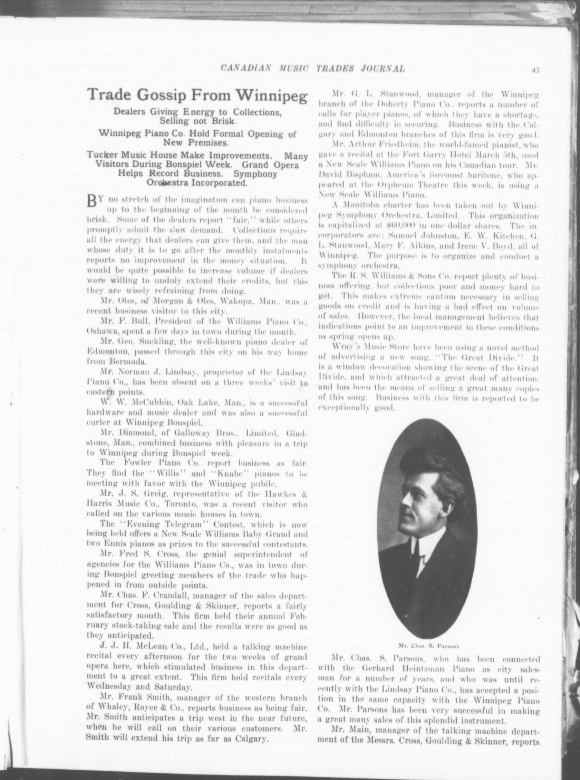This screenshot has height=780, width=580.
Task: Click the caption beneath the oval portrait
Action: [429, 646]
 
